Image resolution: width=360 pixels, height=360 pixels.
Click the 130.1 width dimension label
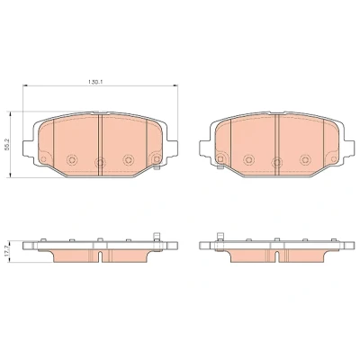tap(95, 81)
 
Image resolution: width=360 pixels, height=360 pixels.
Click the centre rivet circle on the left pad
tap(100, 163)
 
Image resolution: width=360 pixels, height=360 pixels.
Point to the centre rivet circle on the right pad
tap(277, 163)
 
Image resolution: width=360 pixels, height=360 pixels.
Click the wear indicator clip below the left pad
tap(156, 166)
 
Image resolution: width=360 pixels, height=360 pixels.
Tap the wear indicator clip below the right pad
tap(220, 166)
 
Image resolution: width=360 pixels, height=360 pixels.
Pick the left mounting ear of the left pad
tap(28, 148)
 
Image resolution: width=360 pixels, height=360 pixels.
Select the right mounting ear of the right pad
tap(349, 148)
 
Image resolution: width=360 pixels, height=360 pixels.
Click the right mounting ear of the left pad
tap(173, 148)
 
